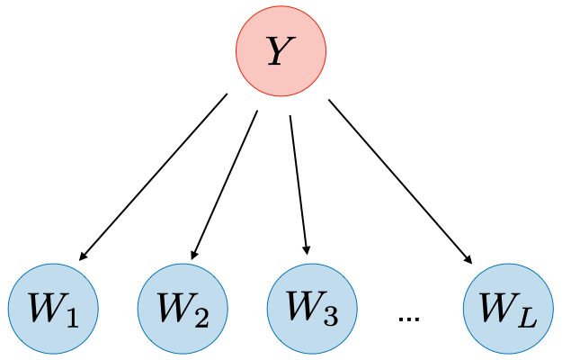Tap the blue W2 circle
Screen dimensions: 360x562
[182, 308]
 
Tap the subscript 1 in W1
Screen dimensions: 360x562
[72, 317]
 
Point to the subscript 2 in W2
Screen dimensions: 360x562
[201, 317]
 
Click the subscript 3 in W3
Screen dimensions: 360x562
[330, 317]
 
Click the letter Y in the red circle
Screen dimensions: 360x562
[280, 51]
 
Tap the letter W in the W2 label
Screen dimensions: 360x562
[174, 308]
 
